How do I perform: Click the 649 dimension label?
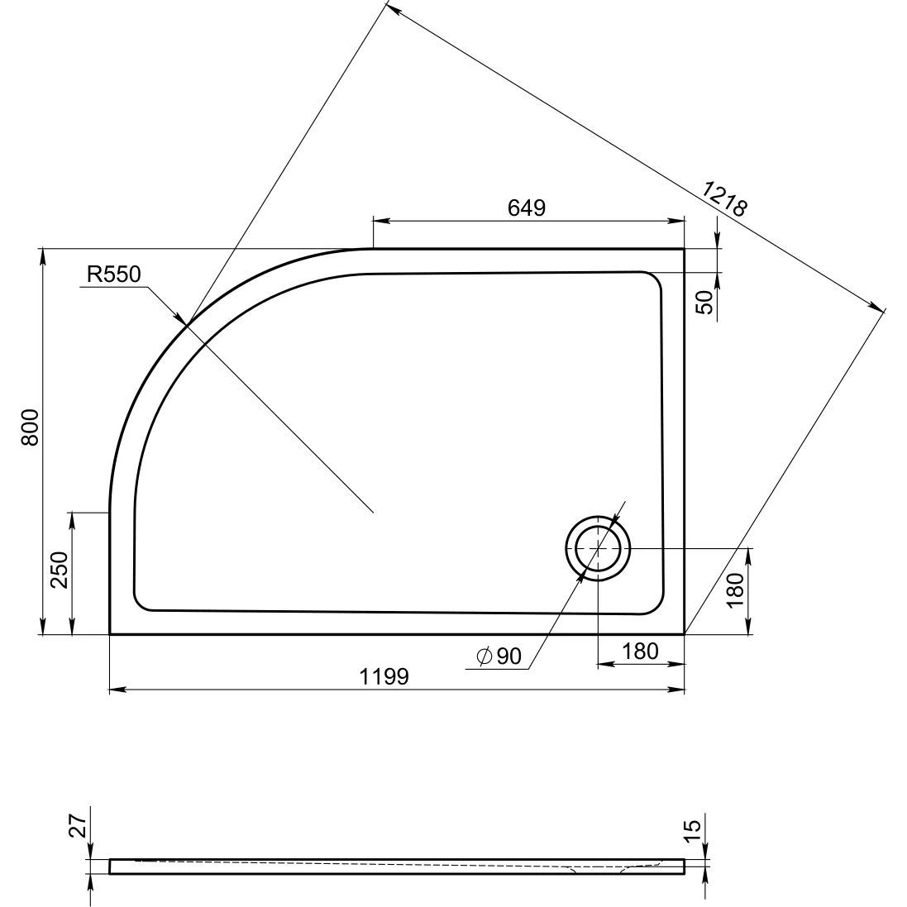pyautogui.click(x=527, y=207)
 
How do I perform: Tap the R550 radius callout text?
pyautogui.click(x=113, y=274)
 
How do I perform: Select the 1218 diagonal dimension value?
pyautogui.click(x=725, y=198)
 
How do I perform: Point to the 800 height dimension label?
pyautogui.click(x=30, y=427)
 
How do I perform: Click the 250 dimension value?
pyautogui.click(x=60, y=570)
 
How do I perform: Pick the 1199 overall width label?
pyautogui.click(x=384, y=675)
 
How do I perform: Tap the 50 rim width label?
pyautogui.click(x=705, y=303)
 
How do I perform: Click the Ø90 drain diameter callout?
pyautogui.click(x=499, y=656)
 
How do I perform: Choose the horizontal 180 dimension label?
pyautogui.click(x=640, y=652)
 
